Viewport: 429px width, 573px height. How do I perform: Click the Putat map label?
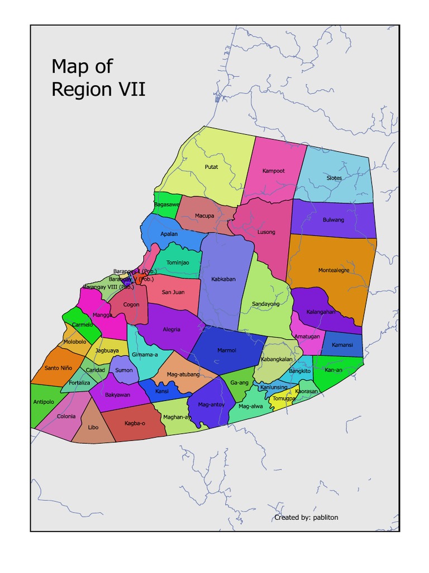(x=211, y=167)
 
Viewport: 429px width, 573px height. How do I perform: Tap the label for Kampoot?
(x=274, y=170)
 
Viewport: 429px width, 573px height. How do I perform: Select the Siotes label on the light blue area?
(x=334, y=178)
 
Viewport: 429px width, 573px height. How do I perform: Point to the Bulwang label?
(x=333, y=220)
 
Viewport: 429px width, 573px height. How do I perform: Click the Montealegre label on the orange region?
(x=334, y=270)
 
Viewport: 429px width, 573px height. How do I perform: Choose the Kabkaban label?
(x=223, y=279)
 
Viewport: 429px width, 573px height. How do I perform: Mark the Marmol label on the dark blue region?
(x=227, y=350)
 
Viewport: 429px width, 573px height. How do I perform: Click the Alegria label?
(x=171, y=330)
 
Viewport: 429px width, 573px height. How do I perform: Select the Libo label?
(x=93, y=428)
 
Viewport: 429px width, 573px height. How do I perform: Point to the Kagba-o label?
(x=135, y=423)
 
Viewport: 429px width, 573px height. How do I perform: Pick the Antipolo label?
(x=44, y=402)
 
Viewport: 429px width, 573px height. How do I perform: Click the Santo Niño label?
(x=59, y=368)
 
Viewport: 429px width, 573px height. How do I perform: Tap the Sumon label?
(x=124, y=370)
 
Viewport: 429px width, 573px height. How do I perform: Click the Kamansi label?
(x=342, y=345)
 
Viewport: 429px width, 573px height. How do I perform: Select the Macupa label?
(x=204, y=215)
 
